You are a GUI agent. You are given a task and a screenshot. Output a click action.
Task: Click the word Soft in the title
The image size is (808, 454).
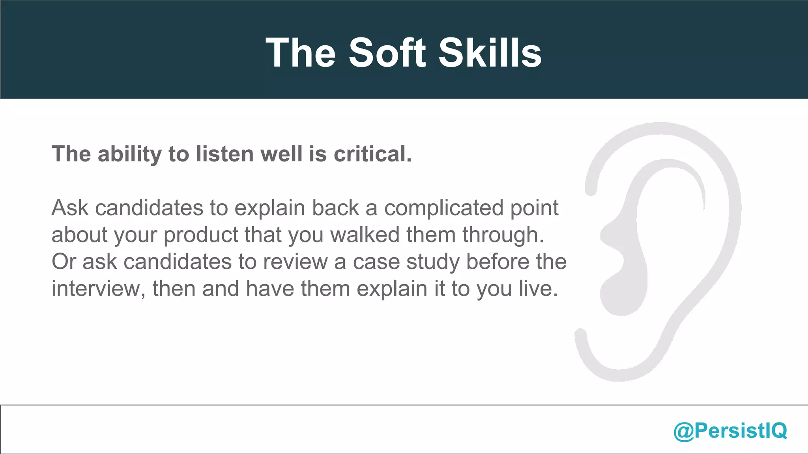click(x=387, y=53)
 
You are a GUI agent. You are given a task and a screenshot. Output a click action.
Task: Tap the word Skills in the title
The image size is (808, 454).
click(x=490, y=53)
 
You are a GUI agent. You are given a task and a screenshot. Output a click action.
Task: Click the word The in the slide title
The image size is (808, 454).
click(x=301, y=53)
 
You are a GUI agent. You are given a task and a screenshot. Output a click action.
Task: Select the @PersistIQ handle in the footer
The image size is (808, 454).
click(x=730, y=430)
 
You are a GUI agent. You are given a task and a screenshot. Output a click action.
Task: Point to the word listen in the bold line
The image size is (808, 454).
click(x=225, y=154)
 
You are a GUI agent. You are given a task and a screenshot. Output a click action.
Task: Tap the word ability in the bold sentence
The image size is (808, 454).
click(x=130, y=154)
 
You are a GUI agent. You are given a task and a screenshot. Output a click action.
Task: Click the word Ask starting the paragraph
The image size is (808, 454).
click(x=70, y=208)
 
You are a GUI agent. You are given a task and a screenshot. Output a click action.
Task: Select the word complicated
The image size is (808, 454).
click(x=444, y=208)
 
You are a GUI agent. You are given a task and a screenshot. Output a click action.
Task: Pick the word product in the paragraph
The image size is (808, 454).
click(x=200, y=235)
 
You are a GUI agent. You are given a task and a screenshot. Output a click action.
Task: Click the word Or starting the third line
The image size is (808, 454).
click(x=64, y=262)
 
